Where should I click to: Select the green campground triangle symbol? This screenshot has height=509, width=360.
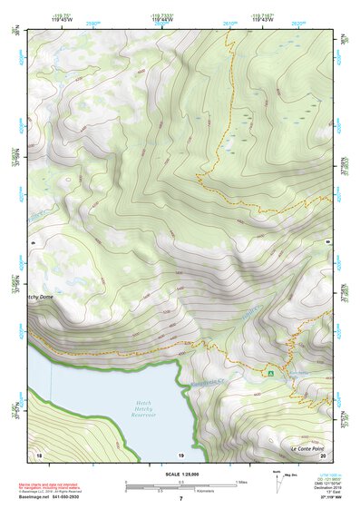(270, 373)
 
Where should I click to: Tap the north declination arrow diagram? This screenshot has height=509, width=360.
(277, 479)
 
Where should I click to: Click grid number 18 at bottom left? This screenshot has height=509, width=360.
(38, 453)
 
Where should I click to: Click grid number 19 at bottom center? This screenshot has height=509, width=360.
(181, 453)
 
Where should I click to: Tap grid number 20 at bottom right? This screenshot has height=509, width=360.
(324, 453)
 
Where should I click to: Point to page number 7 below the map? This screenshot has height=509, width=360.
(180, 499)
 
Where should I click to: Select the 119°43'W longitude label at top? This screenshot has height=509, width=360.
(262, 17)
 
